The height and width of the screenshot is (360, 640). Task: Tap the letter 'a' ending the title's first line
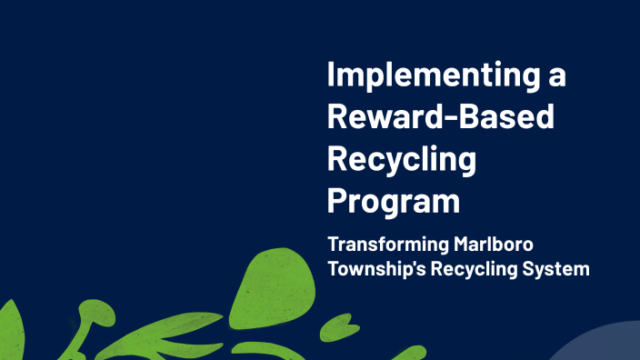[555, 76]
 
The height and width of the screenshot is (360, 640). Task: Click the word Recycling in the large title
[401, 159]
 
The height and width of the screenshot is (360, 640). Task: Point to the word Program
[393, 201]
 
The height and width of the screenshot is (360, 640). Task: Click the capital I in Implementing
[332, 75]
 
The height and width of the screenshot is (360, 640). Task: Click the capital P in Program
[339, 199]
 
